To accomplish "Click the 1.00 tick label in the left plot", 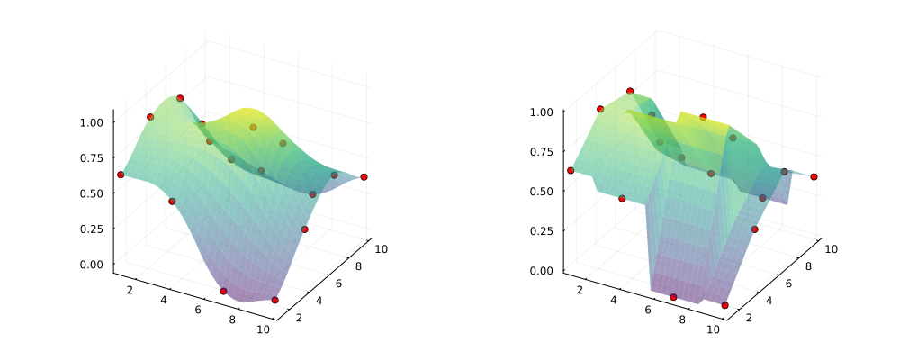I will coord(94,121).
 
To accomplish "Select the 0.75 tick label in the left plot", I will coord(94,157).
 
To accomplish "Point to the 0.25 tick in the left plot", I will coord(94,229).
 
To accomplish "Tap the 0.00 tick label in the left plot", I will coord(94,265).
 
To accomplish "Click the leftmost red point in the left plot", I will coord(121,175).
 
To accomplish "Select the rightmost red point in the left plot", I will coord(364,177).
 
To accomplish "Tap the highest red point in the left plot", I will coord(180,98).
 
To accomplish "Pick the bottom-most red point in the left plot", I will coord(274,300).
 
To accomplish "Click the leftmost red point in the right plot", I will coord(571,170).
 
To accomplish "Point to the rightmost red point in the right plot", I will coord(814,177).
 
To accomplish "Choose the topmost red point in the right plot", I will coord(630,91).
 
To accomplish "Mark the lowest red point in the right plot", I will coord(724,305).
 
